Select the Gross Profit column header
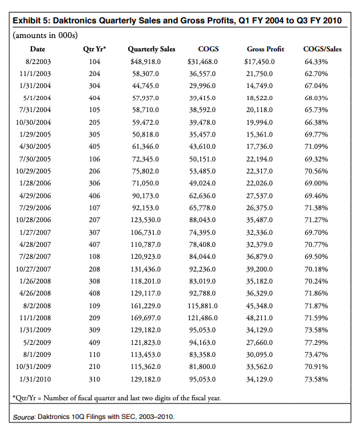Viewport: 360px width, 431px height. [x=265, y=49]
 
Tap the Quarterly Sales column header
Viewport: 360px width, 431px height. [x=151, y=49]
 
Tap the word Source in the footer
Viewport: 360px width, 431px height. [x=28, y=416]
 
